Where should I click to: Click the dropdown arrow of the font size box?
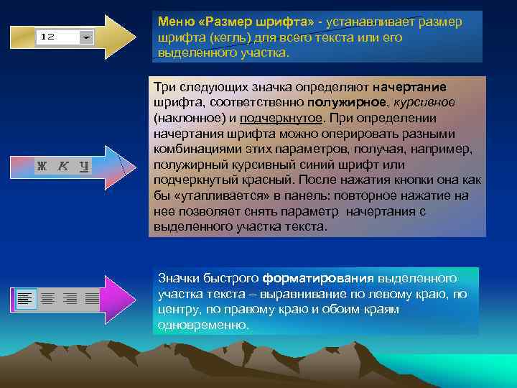(x=86, y=36)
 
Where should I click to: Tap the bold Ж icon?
(x=42, y=166)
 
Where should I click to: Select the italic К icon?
(x=63, y=166)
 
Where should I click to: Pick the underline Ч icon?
(x=84, y=166)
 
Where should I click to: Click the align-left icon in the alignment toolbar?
(x=26, y=297)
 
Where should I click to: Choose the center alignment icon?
(x=47, y=297)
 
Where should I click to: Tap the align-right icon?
(x=70, y=297)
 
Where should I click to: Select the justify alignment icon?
(x=91, y=297)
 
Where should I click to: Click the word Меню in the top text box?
(x=173, y=22)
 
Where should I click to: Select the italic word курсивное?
(x=423, y=102)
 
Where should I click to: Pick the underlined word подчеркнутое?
(x=281, y=117)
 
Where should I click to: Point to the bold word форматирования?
(x=318, y=277)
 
